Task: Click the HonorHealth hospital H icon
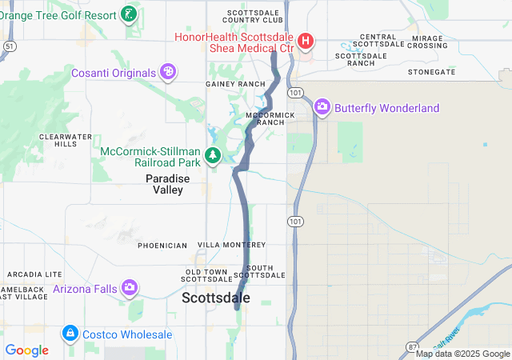[305, 41]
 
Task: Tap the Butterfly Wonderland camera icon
[322, 106]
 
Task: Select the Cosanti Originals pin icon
[168, 73]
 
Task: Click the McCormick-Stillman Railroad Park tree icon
[213, 155]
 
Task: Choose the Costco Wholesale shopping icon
[70, 333]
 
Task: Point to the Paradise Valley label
[168, 184]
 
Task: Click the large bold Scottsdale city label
[216, 298]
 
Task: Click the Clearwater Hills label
[59, 141]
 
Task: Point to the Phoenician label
[162, 245]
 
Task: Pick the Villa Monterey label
[231, 245]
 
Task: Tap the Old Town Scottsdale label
[207, 274]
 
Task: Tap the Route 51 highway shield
[8, 47]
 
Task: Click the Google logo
[26, 350]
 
